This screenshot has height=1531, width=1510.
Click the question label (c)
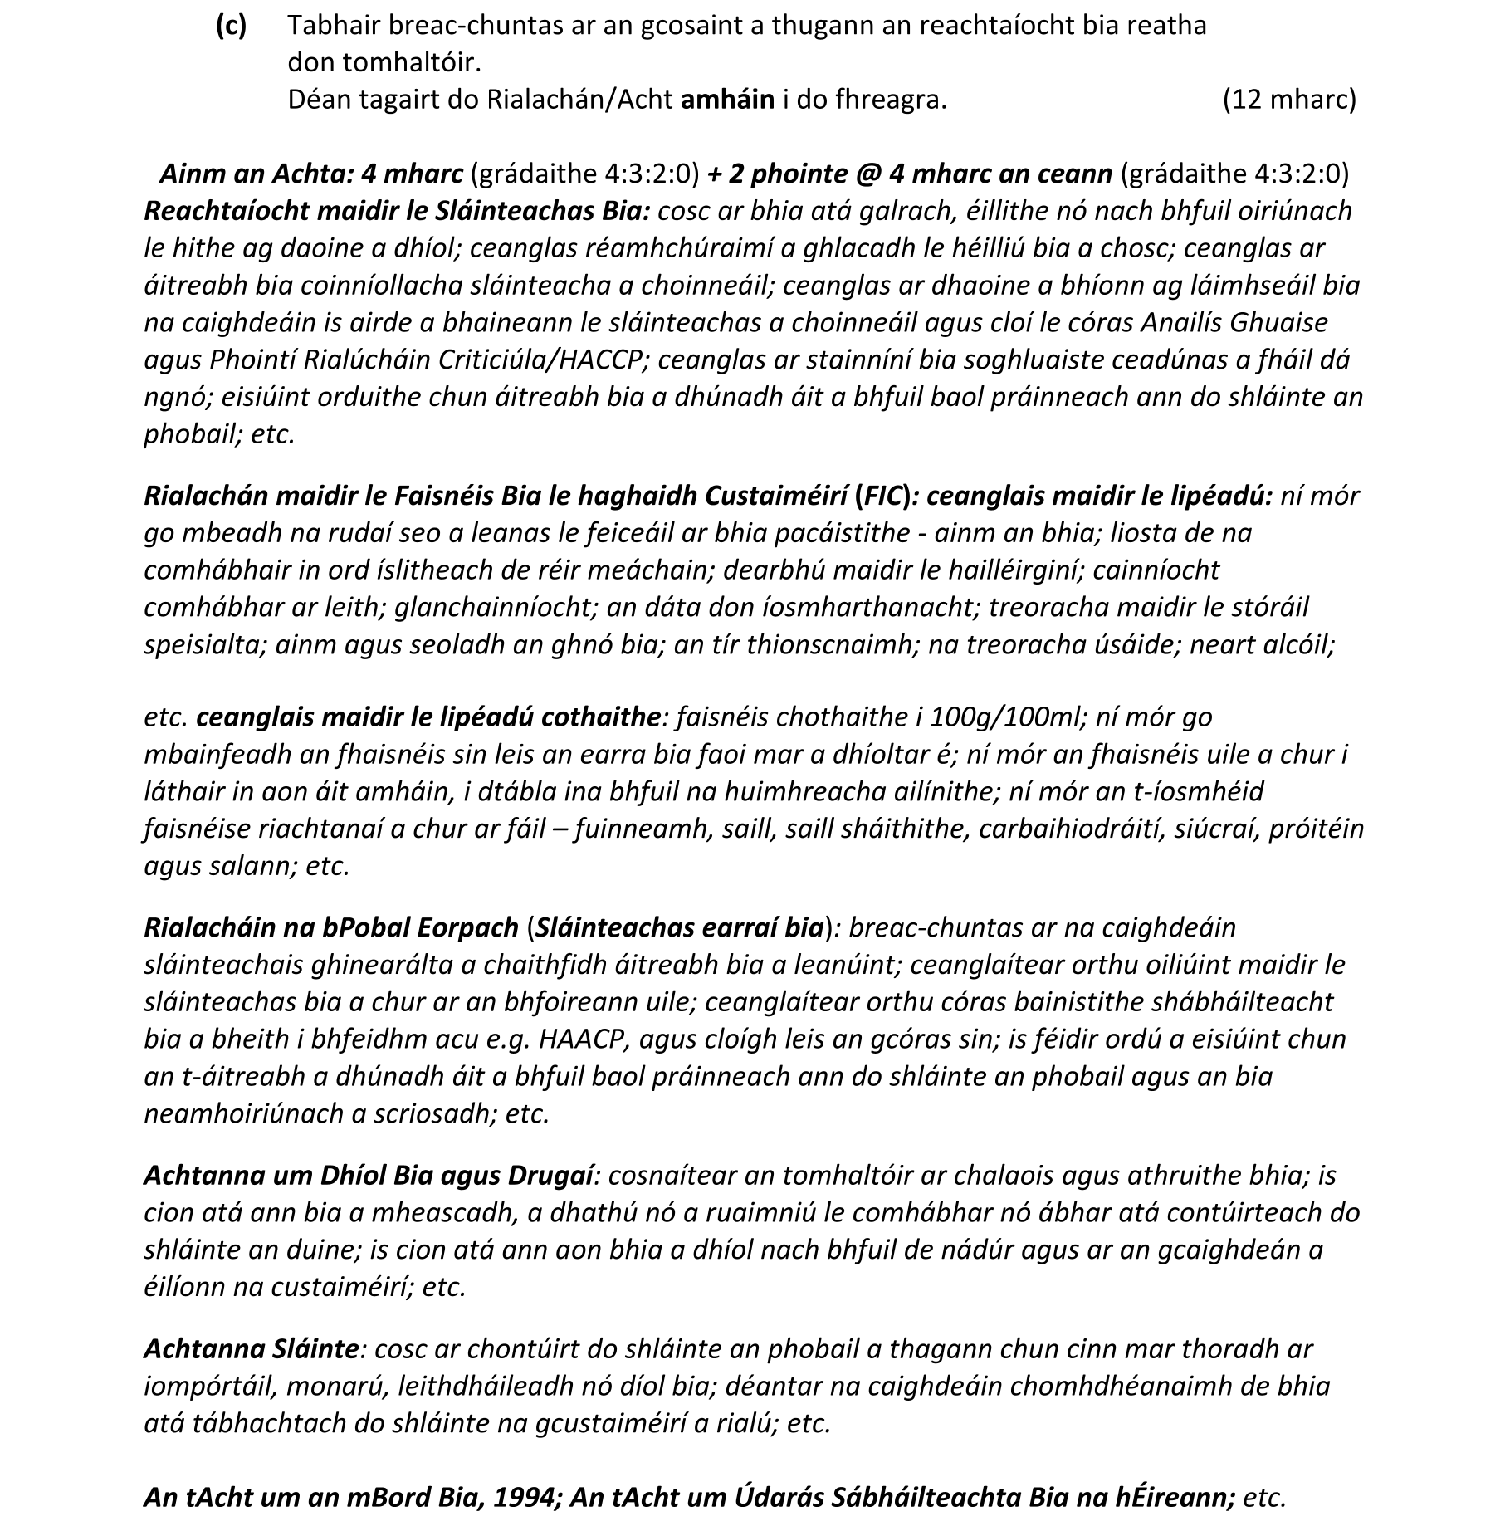click(231, 26)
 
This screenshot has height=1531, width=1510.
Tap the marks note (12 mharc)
click(1289, 100)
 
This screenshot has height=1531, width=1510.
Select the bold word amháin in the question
click(727, 100)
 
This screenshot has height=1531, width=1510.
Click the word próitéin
click(1316, 829)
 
